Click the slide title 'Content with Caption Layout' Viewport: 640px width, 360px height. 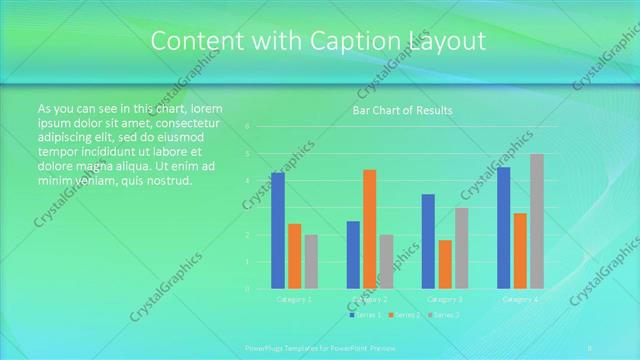click(319, 41)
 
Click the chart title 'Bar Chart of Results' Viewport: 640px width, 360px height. click(402, 110)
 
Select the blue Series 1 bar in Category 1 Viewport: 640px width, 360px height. click(277, 230)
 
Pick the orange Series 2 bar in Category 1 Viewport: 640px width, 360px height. click(294, 256)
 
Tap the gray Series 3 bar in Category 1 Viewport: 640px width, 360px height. click(311, 262)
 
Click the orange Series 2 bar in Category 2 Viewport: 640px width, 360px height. click(369, 229)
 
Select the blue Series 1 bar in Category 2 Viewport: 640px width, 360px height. click(353, 255)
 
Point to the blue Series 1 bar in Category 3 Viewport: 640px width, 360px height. click(428, 241)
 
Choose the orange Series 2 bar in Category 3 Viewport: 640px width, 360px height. click(445, 264)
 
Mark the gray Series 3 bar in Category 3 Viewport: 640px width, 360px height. click(462, 248)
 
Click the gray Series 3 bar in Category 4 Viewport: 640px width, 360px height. click(537, 221)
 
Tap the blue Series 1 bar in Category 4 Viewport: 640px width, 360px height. click(503, 228)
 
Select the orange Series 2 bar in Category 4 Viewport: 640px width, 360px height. click(520, 251)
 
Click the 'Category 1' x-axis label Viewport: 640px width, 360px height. click(294, 299)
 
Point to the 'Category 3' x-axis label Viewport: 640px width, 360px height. click(445, 299)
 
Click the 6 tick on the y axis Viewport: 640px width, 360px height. click(247, 127)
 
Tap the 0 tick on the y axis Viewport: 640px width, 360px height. click(247, 289)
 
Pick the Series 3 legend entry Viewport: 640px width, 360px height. click(443, 315)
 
